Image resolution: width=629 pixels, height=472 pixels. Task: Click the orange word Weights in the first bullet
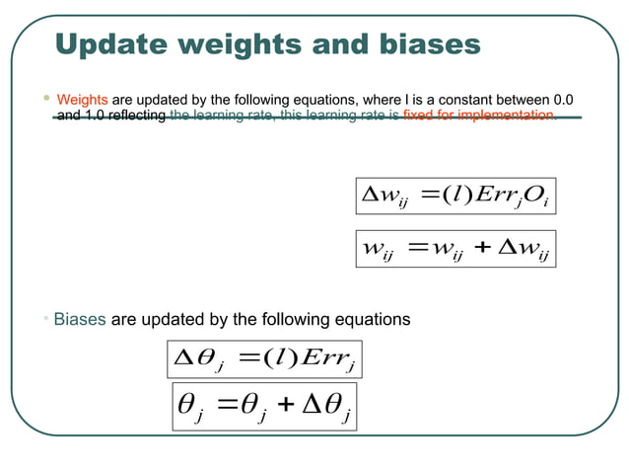coord(82,100)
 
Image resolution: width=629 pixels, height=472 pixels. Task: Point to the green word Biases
coord(80,319)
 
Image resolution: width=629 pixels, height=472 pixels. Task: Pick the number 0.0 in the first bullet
coord(564,100)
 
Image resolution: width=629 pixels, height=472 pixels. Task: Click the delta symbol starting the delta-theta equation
coord(184,359)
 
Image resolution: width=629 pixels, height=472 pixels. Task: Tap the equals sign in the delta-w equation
coord(425,196)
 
